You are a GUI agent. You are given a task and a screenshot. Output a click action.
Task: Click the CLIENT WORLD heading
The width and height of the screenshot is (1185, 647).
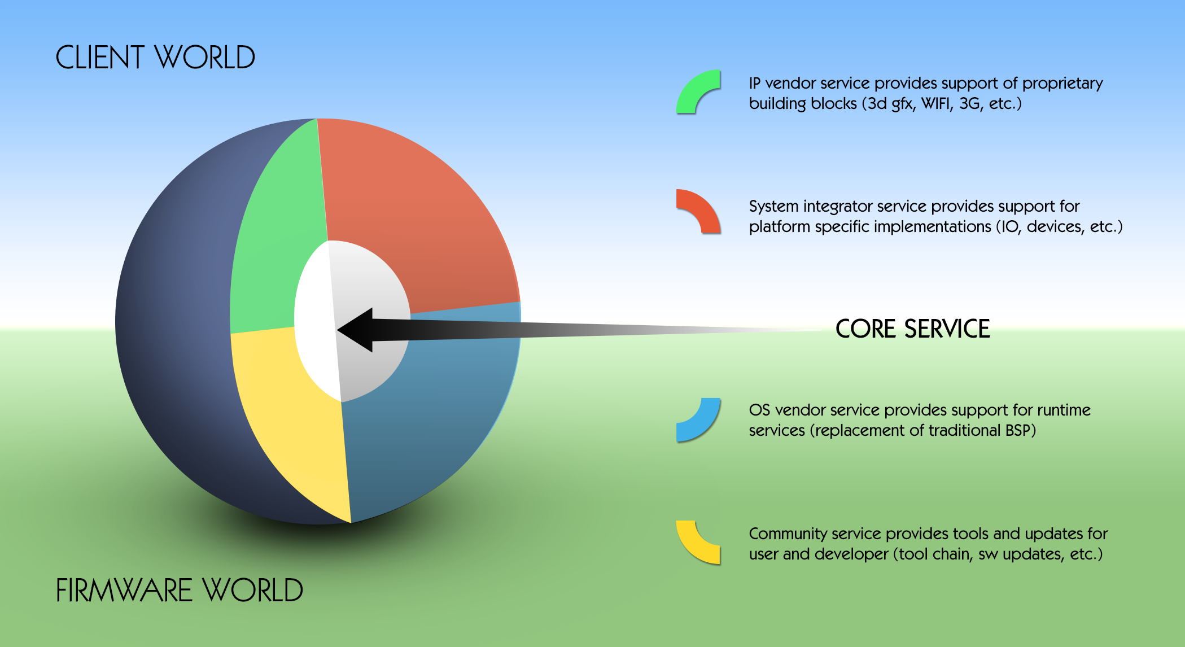(x=155, y=58)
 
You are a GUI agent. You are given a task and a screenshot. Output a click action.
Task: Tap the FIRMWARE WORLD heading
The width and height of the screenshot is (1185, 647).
(x=180, y=591)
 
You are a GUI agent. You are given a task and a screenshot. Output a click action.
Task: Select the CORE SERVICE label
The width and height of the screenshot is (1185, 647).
(x=913, y=329)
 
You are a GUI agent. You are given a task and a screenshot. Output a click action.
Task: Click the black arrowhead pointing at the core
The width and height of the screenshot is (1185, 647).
(x=356, y=330)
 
